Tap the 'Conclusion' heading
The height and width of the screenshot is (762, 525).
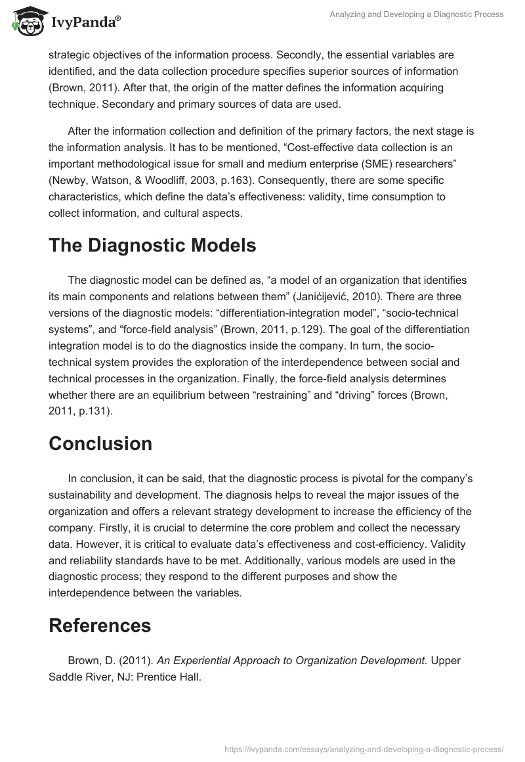[100, 443]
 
